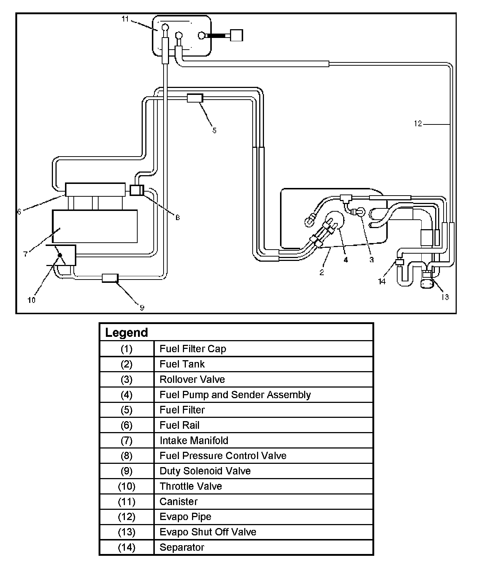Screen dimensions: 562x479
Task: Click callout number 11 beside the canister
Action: (x=125, y=19)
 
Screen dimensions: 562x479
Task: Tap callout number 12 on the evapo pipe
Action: (x=418, y=124)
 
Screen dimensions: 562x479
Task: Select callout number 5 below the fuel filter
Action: (x=214, y=130)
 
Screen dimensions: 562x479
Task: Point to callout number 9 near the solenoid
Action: (x=142, y=308)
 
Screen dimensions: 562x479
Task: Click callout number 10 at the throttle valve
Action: (x=31, y=300)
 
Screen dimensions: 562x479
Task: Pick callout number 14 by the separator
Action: (x=382, y=281)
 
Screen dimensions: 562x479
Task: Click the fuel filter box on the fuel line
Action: (x=195, y=98)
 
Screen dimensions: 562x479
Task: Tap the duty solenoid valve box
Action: (x=110, y=278)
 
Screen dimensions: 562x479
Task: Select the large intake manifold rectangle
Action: (x=95, y=226)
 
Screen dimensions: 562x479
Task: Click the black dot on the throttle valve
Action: (x=60, y=256)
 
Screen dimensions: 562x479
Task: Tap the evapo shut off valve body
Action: (x=426, y=282)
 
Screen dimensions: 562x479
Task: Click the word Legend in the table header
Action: (x=126, y=332)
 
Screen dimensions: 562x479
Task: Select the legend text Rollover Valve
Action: (x=192, y=380)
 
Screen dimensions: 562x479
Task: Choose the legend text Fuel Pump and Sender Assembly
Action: (x=235, y=395)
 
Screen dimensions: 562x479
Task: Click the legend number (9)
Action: (x=126, y=471)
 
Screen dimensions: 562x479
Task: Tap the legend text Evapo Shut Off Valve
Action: (x=208, y=532)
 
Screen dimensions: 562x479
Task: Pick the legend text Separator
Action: (x=182, y=547)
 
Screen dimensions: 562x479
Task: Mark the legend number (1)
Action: (x=126, y=349)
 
